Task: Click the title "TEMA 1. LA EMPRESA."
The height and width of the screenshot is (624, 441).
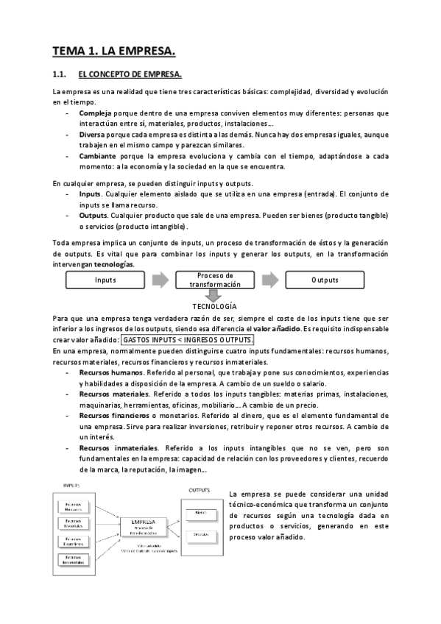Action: coord(114,52)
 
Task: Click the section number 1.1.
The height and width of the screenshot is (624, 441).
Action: coord(60,74)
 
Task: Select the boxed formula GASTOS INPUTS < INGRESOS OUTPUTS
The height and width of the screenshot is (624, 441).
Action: coord(187,340)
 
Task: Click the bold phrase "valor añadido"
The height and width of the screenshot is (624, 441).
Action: coord(276,328)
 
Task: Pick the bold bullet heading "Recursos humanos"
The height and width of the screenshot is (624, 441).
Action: coord(110,373)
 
